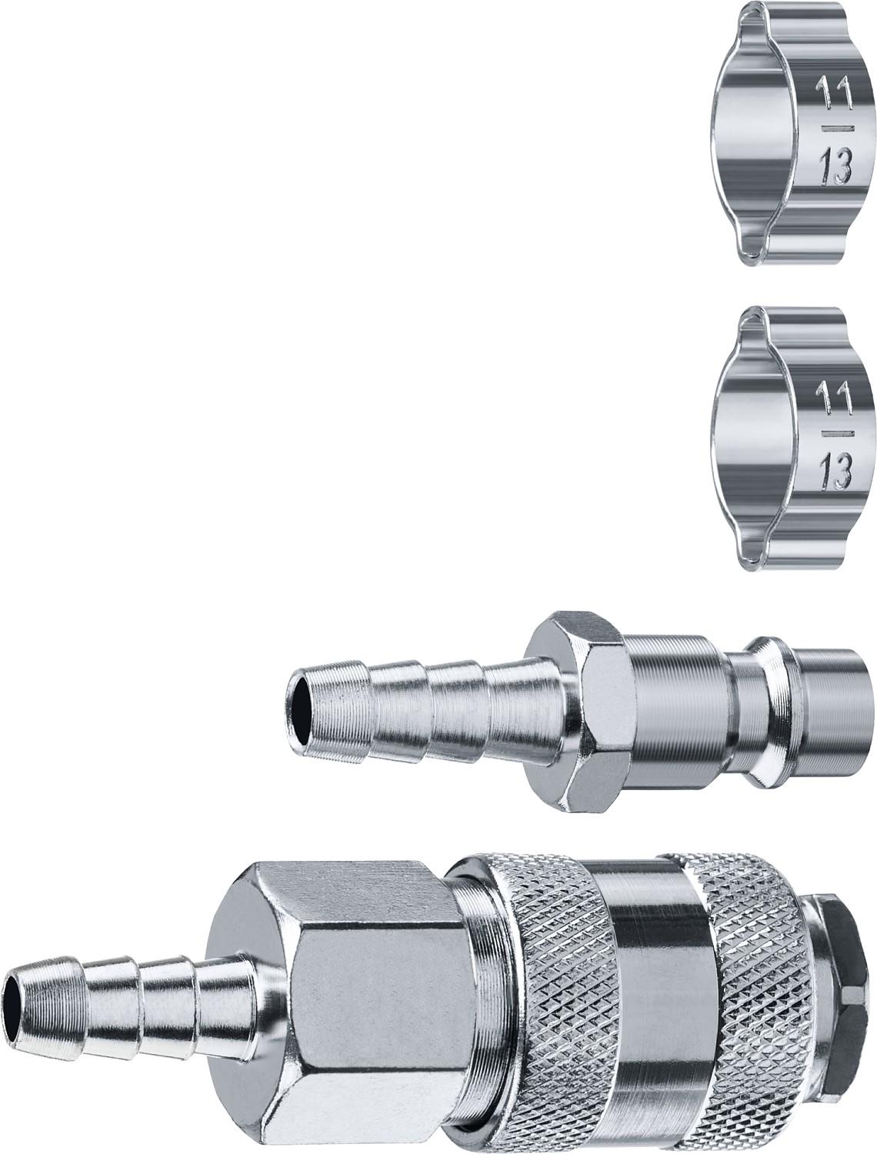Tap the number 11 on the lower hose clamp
tap(833, 395)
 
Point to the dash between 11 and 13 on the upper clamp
tap(834, 128)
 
